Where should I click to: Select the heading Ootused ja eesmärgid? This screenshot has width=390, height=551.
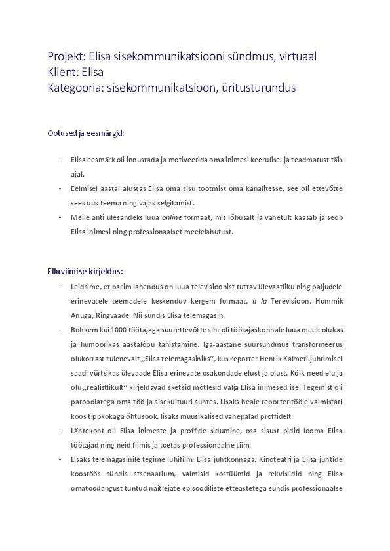pos(85,133)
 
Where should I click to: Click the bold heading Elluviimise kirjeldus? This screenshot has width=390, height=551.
pos(85,271)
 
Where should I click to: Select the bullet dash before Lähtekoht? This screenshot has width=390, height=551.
pos(60,431)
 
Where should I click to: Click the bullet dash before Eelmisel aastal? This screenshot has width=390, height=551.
pos(60,188)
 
